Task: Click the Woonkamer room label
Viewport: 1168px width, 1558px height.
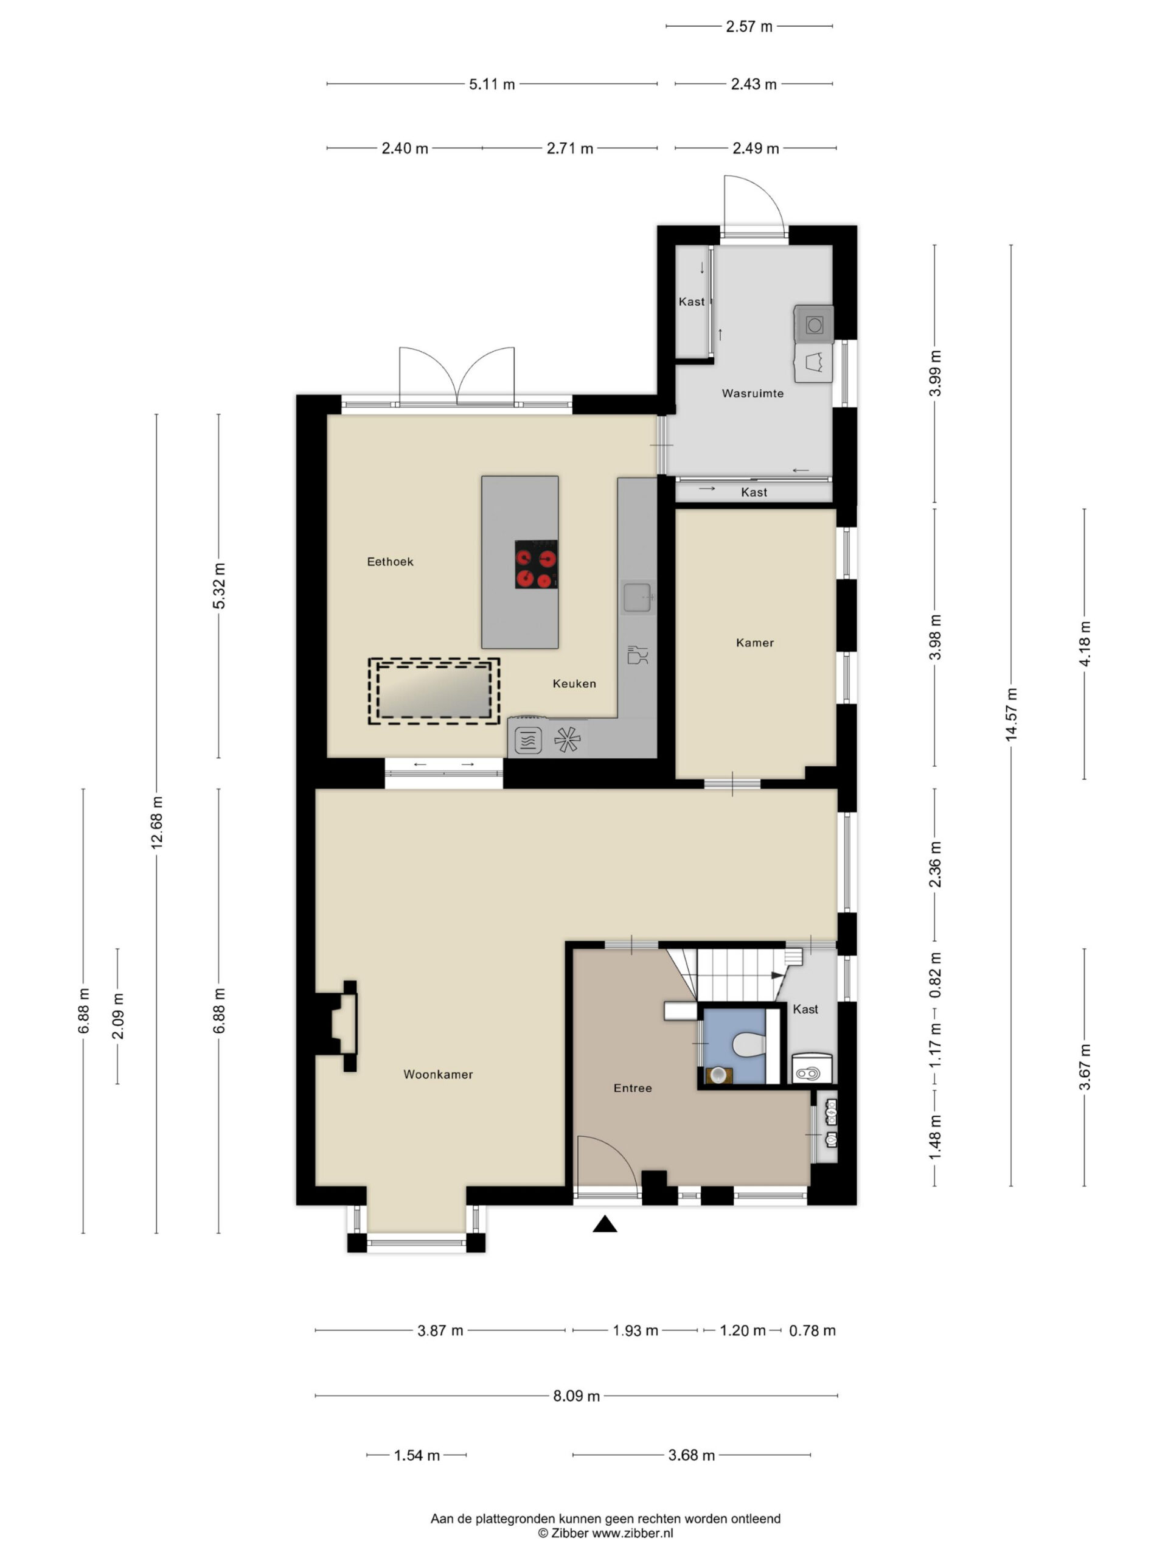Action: pos(438,1074)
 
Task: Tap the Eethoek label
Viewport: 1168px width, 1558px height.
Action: pos(390,561)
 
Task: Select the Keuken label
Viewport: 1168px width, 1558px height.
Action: pos(574,683)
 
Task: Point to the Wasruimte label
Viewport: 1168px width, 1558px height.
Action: pos(753,393)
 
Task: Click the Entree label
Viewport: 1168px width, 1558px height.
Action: pos(633,1088)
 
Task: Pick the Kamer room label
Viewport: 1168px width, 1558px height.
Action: pos(755,642)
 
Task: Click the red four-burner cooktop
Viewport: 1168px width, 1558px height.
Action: pos(536,564)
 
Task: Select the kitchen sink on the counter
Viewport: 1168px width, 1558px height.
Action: pos(639,596)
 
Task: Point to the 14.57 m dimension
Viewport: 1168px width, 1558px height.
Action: pos(1012,714)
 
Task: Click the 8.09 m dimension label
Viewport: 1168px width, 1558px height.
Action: pos(577,1396)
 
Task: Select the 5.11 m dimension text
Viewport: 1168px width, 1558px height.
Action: pos(492,85)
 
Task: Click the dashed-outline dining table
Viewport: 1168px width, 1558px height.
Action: pos(434,691)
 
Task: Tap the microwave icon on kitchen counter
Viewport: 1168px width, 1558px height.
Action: pos(528,740)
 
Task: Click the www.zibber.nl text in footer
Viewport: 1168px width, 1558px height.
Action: pos(632,1532)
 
